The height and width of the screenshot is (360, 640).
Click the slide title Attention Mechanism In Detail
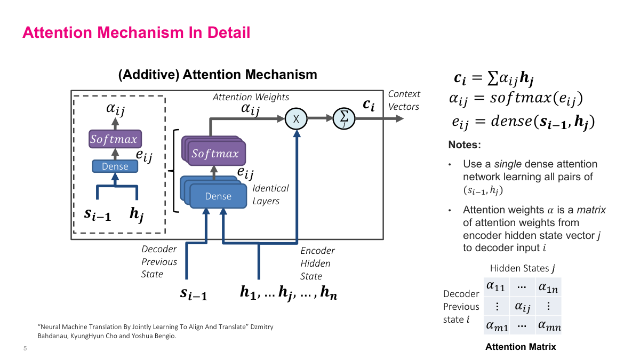pos(136,33)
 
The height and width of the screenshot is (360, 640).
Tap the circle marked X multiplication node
pos(295,118)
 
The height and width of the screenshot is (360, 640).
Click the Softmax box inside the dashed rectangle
pos(114,140)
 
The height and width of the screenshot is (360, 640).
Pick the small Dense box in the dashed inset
pos(115,166)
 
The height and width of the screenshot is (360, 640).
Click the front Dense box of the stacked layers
pos(218,196)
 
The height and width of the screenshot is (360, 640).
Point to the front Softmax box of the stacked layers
pos(215,154)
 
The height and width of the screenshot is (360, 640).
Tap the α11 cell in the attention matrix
pos(495,287)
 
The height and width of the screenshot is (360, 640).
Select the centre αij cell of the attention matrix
pos(522,307)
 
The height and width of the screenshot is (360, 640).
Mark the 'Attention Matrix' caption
pos(521,347)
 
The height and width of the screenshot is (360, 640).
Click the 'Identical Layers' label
pos(270,195)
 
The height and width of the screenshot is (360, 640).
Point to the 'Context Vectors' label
pos(404,100)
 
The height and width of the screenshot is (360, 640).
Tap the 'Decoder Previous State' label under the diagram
pos(159,262)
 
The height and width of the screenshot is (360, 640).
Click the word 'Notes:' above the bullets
pos(465,145)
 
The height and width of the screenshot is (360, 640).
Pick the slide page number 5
pos(25,349)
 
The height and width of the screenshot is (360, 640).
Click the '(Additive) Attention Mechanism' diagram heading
pos(218,75)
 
